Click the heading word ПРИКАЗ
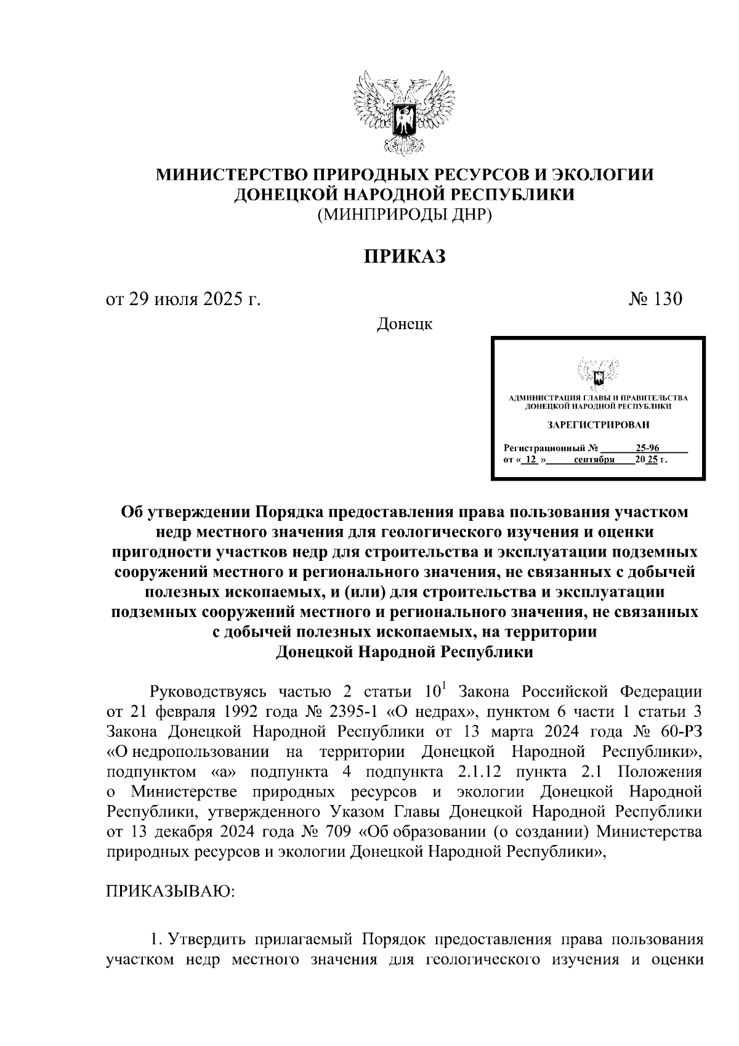(404, 256)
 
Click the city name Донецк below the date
(404, 324)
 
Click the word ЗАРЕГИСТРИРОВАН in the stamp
(598, 425)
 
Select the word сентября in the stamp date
(593, 460)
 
